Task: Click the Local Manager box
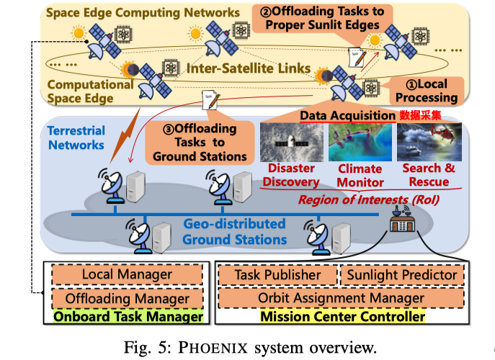(127, 274)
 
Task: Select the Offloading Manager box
(127, 297)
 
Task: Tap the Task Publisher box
(278, 274)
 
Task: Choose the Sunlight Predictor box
(401, 274)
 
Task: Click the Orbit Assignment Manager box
(340, 297)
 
